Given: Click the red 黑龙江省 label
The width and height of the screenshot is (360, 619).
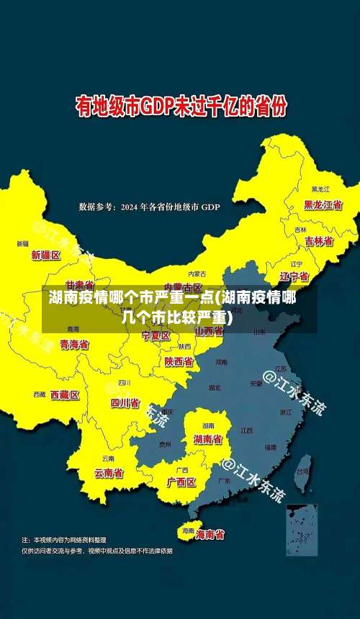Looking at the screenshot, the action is (323, 204).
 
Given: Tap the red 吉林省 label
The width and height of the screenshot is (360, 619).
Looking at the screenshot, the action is (318, 241).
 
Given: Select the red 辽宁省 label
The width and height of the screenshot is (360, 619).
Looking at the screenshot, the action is (294, 276).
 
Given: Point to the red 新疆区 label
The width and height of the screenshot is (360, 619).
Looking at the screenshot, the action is (46, 255).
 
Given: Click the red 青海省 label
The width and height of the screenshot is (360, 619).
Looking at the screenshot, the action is (74, 345).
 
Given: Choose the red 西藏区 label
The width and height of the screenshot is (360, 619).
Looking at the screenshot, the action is (65, 394).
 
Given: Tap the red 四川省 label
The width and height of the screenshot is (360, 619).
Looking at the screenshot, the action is (125, 402).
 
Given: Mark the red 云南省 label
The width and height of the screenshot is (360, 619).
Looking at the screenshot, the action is (109, 473).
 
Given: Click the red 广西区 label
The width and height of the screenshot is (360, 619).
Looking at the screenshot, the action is (181, 482).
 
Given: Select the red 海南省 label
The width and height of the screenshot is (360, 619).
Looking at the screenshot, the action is (210, 534).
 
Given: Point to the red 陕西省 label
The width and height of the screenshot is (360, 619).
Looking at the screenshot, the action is (179, 361).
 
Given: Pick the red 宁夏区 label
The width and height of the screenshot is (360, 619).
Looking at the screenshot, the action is (156, 336).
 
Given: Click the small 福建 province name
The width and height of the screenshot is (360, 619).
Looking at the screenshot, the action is (270, 448).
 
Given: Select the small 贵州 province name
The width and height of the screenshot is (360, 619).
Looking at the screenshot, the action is (165, 444).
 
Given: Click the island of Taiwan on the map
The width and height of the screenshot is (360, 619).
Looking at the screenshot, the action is (304, 464).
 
